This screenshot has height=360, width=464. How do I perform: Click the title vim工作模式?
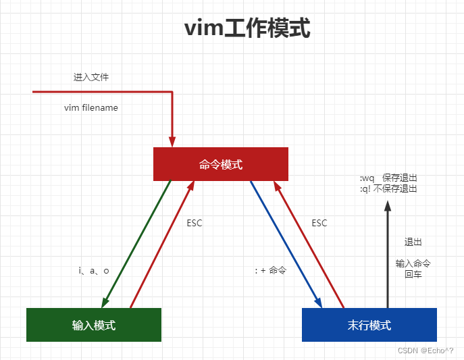247,29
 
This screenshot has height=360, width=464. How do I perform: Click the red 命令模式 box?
221,164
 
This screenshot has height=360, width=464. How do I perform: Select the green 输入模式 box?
94,325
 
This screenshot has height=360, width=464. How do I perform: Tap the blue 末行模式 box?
369,325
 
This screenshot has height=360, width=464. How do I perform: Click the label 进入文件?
91,77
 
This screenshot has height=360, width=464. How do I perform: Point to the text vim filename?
91,107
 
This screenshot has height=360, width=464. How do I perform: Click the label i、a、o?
94,270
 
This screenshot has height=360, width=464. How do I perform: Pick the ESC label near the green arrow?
195,223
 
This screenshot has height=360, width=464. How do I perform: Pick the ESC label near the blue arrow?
319,223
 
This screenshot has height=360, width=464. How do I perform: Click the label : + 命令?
271,270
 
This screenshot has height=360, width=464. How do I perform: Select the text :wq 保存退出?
388,178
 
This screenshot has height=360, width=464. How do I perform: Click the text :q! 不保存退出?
388,188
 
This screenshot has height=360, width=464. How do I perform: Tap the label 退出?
413,242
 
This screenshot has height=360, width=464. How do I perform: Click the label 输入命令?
413,263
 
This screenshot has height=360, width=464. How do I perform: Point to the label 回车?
413,274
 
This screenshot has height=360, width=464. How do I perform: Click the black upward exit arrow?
388,257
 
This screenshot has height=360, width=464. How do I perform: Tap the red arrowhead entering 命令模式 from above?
172,141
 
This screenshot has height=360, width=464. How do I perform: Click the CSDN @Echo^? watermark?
426,351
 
